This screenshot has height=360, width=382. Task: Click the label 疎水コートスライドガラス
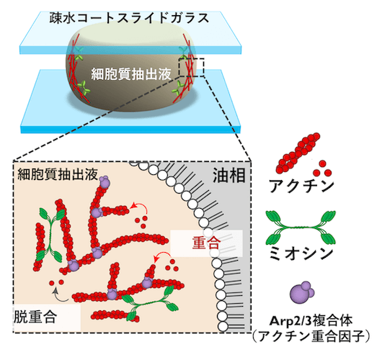pyautogui.click(x=129, y=18)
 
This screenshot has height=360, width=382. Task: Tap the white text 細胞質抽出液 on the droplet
pyautogui.click(x=131, y=74)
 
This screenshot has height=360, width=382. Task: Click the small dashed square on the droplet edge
pyautogui.click(x=192, y=68)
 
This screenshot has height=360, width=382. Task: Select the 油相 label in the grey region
pyautogui.click(x=229, y=175)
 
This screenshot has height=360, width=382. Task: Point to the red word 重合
pyautogui.click(x=206, y=243)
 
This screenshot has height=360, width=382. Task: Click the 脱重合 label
pyautogui.click(x=35, y=317)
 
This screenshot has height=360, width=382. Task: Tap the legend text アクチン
pyautogui.click(x=301, y=186)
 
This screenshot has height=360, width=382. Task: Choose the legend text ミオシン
pyautogui.click(x=301, y=253)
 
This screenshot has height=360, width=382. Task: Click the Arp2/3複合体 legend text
pyautogui.click(x=311, y=321)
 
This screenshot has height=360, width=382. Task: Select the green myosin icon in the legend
pyautogui.click(x=301, y=228)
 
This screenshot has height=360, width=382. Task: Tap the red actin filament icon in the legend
pyautogui.click(x=298, y=153)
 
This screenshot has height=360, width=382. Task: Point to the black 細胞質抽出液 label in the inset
pyautogui.click(x=58, y=174)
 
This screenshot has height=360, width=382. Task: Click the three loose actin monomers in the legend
pyautogui.click(x=322, y=168)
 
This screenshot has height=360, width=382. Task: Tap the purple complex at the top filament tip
pyautogui.click(x=104, y=181)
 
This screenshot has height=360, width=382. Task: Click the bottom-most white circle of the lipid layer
pyautogui.click(x=223, y=326)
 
